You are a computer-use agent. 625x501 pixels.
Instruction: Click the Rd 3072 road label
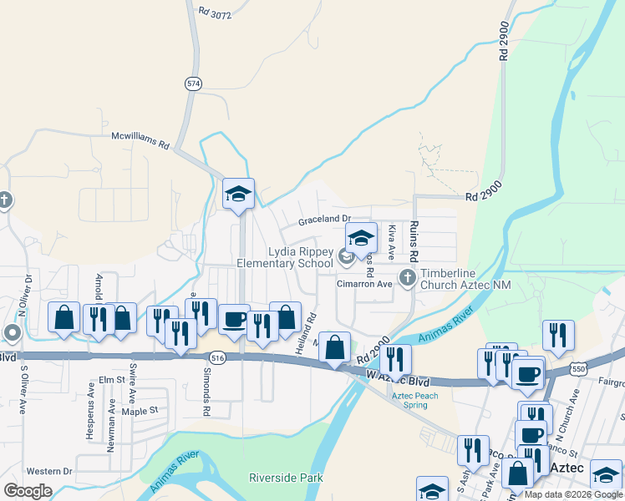click(x=216, y=13)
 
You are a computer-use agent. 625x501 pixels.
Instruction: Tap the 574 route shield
click(x=194, y=83)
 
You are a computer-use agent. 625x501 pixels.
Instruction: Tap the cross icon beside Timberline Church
click(x=408, y=277)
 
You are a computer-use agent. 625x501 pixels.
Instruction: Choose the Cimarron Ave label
click(x=364, y=284)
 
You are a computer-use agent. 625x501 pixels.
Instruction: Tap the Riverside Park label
click(x=286, y=478)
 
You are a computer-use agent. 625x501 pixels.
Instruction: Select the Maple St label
click(x=140, y=411)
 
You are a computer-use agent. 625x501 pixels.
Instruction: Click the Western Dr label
click(x=48, y=472)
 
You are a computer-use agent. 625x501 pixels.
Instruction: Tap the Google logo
click(x=28, y=491)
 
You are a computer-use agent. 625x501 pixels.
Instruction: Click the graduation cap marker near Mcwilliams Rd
click(x=238, y=195)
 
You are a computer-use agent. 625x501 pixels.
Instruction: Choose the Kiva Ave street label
click(x=391, y=239)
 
